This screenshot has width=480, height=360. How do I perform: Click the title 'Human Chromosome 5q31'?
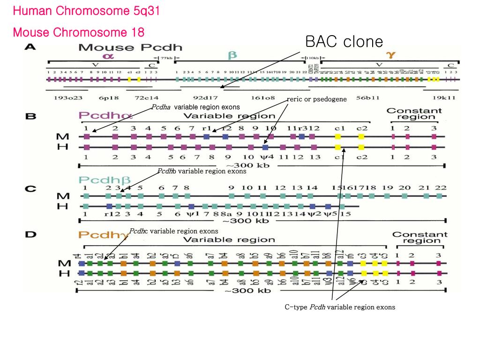(86, 11)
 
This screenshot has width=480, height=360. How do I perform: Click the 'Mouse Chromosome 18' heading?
(79, 32)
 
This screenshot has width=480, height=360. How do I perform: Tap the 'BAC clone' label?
(344, 42)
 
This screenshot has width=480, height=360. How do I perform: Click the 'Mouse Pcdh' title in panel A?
(130, 47)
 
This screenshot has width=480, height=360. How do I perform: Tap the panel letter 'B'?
(30, 115)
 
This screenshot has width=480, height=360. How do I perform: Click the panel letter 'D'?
(30, 234)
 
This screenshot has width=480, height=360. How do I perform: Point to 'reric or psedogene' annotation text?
(317, 99)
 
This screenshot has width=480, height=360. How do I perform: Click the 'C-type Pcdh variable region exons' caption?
(340, 307)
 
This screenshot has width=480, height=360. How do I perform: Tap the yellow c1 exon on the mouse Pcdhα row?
(338, 137)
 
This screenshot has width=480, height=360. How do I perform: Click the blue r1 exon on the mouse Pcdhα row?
(207, 137)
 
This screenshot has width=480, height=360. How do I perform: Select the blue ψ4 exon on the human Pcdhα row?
(265, 147)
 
